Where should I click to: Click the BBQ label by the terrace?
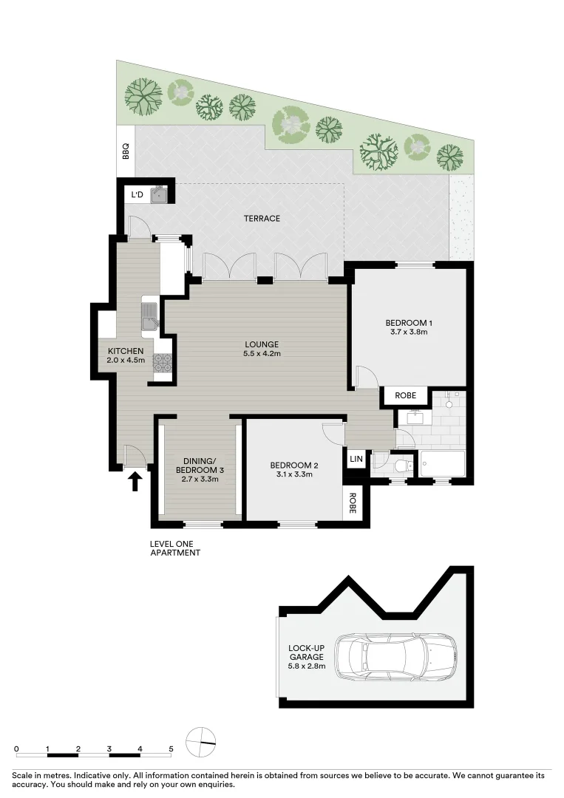point(126,151)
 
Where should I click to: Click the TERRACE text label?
point(262,219)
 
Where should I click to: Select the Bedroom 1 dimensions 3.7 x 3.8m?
point(408,332)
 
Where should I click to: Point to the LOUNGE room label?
point(262,344)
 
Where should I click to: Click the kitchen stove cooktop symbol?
point(162,363)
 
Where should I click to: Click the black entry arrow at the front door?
point(135,482)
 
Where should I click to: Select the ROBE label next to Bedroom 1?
point(405,396)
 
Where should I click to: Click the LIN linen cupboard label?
point(356,460)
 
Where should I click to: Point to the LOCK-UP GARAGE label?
point(305,653)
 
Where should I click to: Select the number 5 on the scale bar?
point(171,748)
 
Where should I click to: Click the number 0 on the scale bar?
point(16,748)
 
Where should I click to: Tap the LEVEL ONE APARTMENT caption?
point(174,548)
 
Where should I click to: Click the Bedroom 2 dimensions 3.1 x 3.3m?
point(294,474)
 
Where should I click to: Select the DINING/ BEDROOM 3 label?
point(200,465)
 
